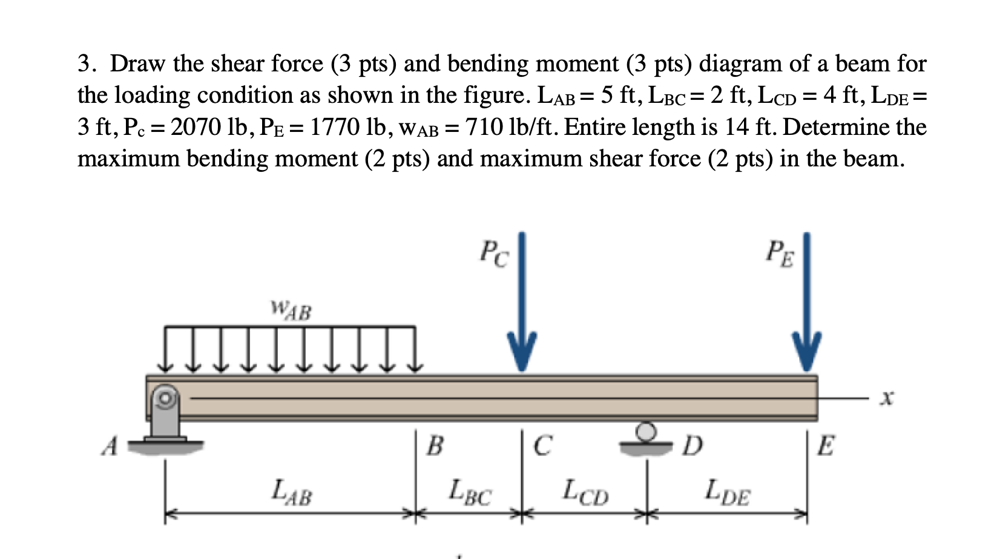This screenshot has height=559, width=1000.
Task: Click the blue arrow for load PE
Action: [x=807, y=302]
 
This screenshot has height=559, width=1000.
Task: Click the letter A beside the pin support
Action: [x=110, y=446]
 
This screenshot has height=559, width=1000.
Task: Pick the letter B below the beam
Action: [x=435, y=446]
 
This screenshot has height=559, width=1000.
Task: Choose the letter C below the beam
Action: [x=542, y=446]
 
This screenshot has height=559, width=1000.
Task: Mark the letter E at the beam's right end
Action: [x=826, y=446]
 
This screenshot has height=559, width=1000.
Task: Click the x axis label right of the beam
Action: [x=887, y=398]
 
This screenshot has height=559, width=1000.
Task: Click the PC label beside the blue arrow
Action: [x=494, y=253]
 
